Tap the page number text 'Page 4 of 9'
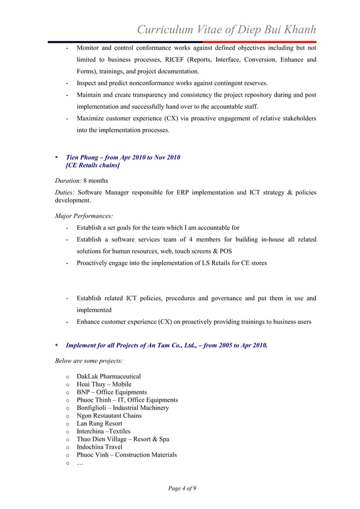tap(182, 488)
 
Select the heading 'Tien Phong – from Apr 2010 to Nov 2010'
tap(123, 157)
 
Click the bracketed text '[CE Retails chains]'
tap(93, 165)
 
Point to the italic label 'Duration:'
tap(68, 181)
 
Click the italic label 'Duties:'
tap(65, 192)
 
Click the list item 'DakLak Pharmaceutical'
tap(109, 376)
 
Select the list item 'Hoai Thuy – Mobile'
tap(104, 384)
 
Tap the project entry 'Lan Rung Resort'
tap(99, 423)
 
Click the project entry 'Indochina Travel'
tap(100, 447)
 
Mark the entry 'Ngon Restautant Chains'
tap(109, 415)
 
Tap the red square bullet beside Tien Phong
tap(56, 157)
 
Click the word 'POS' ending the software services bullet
tap(225, 251)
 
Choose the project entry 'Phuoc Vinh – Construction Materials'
tap(126, 455)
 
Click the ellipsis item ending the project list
tap(80, 463)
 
